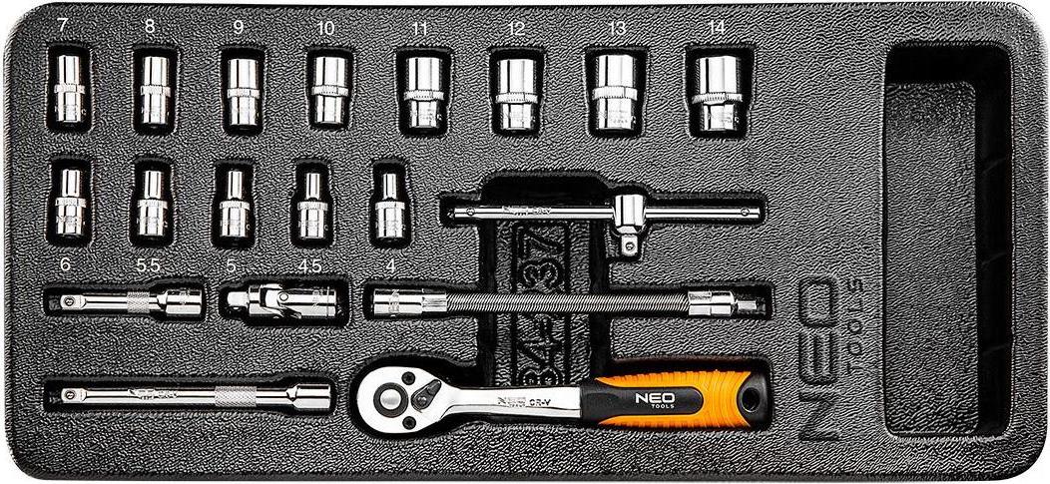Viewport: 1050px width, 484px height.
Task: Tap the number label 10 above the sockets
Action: [324, 29]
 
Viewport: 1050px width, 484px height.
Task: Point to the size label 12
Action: [515, 30]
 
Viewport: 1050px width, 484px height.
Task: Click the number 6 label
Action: [66, 265]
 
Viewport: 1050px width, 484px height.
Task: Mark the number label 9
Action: [238, 29]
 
